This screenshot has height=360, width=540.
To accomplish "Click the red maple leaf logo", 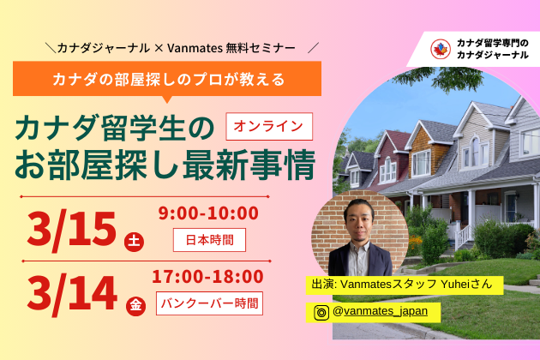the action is click(440, 49).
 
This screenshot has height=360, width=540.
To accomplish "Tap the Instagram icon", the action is click(321, 313).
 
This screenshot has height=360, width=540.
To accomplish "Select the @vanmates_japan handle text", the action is click(381, 311).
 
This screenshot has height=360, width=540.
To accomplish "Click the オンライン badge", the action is click(269, 127).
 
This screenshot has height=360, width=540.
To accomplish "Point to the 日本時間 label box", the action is click(209, 240).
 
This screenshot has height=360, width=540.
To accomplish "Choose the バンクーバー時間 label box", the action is click(209, 303).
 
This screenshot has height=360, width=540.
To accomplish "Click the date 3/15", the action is click(72, 230).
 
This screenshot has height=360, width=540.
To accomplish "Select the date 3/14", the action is click(72, 293).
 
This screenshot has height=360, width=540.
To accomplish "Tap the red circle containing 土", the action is click(134, 242).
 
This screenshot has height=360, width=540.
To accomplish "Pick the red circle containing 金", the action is click(135, 306).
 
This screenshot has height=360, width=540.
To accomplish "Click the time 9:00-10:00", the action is click(208, 213).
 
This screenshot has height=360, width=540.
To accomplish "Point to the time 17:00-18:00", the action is click(207, 277).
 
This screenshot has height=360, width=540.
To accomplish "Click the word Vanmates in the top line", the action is click(195, 48).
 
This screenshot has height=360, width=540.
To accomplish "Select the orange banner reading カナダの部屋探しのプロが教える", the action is click(167, 79).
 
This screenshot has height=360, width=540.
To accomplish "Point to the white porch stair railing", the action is click(465, 236).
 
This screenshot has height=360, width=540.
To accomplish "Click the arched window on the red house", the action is click(387, 170).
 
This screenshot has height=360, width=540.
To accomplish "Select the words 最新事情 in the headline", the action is click(249, 164).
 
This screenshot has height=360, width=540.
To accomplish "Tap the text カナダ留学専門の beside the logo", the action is click(492, 44).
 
